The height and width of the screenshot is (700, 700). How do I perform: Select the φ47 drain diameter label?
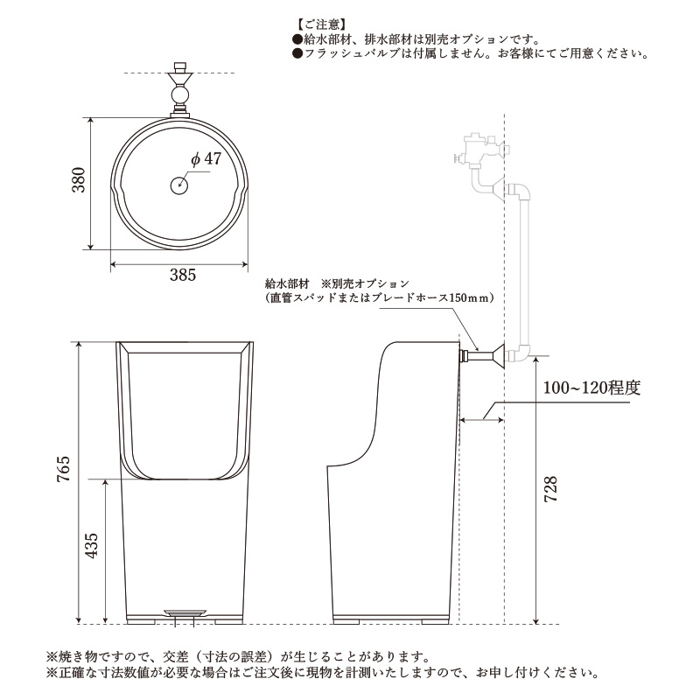coord(205,158)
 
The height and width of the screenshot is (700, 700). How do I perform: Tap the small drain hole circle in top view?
coord(178,185)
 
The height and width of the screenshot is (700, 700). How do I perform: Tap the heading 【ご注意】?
coord(321,24)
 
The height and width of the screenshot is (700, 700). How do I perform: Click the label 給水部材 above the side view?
coord(287,284)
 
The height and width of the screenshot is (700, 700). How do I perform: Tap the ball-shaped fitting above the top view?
coord(180,94)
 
